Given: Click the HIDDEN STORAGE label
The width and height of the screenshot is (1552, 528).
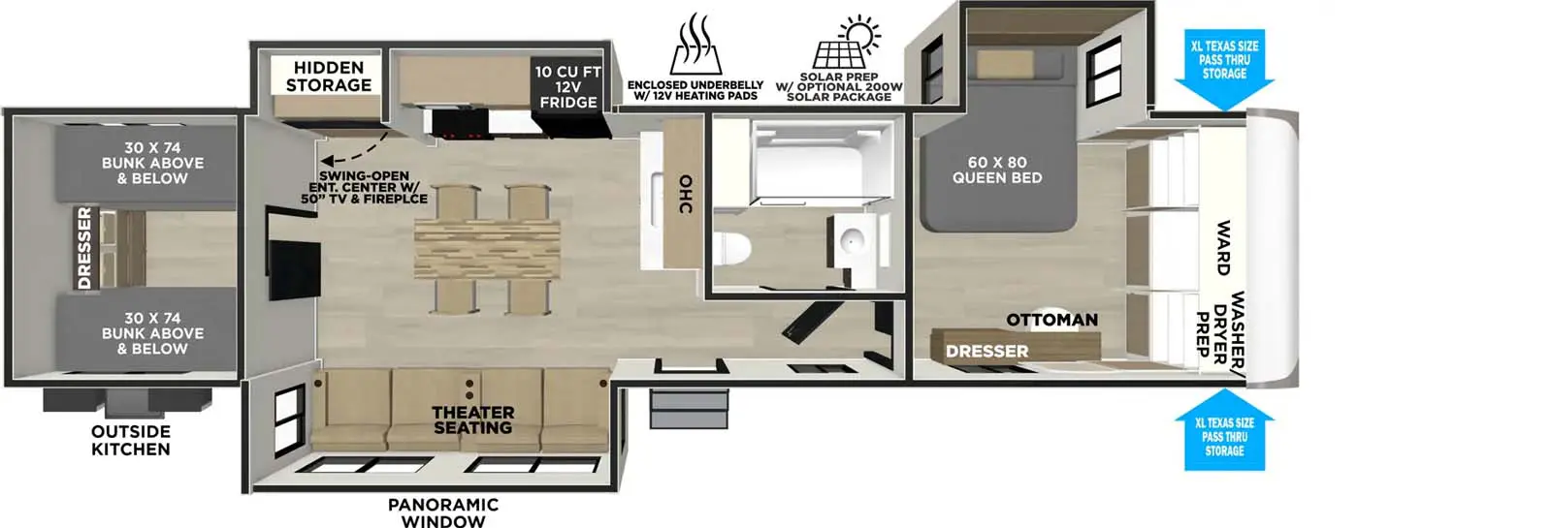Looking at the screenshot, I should pos(328,77).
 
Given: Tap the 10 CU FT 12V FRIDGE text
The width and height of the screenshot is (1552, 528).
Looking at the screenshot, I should pos(567,87).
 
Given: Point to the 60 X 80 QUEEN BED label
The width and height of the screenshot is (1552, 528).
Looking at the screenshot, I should pos(996,171).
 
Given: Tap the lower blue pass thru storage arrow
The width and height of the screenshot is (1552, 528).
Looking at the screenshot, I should pos(1224,431).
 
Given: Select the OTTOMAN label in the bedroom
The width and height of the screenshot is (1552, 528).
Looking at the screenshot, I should pos(1051,320).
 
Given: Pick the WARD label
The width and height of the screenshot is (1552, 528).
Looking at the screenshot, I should pos(1223,248).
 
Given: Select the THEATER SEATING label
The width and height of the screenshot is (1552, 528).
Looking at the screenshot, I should pos(472,419).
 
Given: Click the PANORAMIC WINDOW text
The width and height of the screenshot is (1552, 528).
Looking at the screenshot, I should pos(442,512).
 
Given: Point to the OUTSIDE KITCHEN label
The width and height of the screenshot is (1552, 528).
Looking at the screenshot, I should pos(130,440).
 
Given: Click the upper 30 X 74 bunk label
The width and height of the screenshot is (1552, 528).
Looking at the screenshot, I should pos(152,163).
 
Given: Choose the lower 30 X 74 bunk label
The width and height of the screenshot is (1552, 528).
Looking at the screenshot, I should pos(152,332).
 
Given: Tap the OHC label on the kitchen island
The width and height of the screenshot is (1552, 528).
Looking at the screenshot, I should pos(685,194).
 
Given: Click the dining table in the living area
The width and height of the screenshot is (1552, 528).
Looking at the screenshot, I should pos(487,249).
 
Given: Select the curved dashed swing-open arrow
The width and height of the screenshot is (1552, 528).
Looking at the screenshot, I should pos(351,150).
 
